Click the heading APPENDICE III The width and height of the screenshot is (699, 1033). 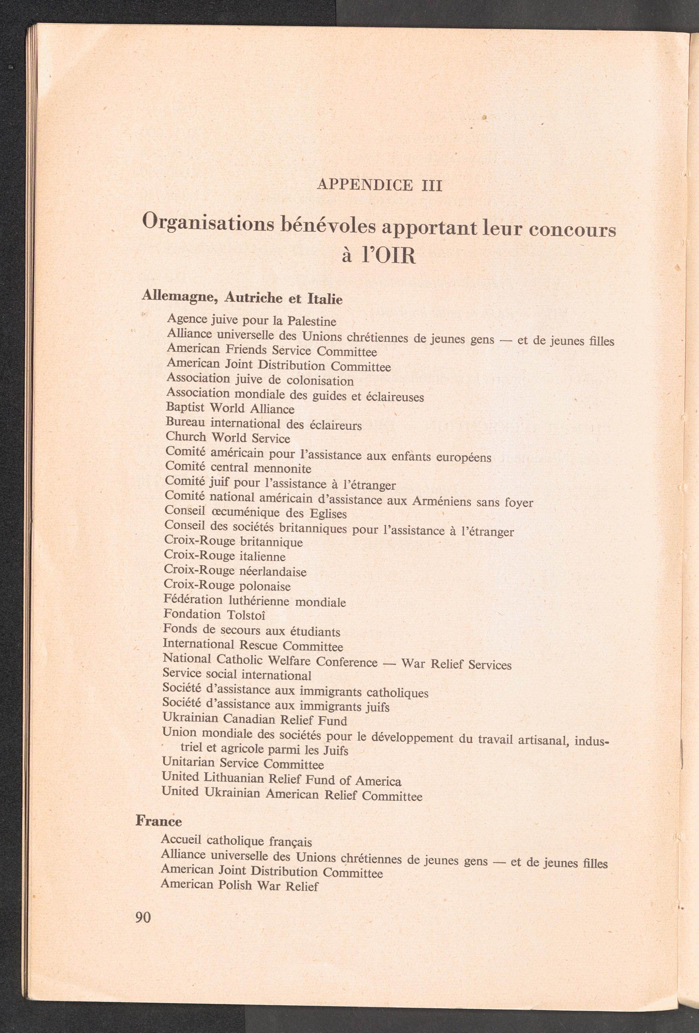click(379, 184)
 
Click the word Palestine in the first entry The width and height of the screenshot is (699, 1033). click(311, 321)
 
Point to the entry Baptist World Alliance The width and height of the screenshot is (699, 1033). click(230, 408)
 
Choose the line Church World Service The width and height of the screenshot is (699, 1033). click(228, 438)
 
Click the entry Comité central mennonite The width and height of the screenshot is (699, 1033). click(238, 468)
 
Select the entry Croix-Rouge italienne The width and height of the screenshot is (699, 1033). click(225, 556)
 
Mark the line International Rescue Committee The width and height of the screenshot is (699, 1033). click(253, 645)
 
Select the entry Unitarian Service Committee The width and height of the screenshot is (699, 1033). click(243, 764)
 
